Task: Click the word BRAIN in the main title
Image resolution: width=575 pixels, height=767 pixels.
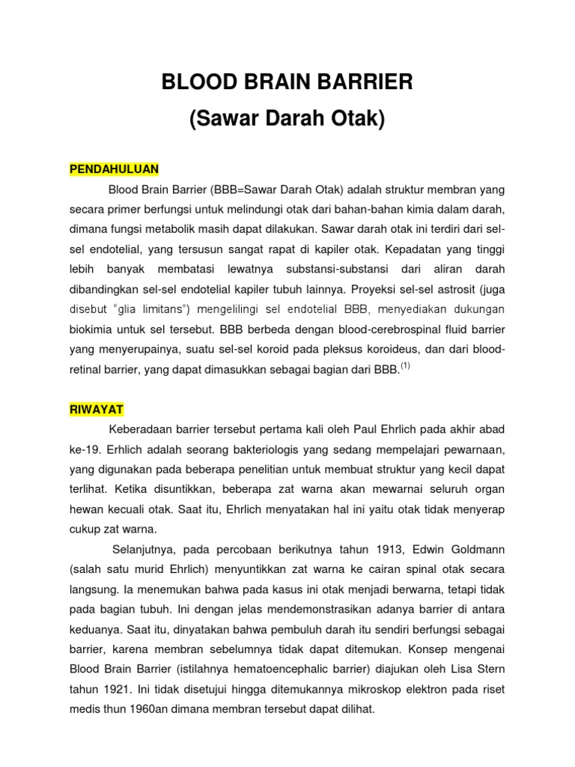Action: click(x=282, y=82)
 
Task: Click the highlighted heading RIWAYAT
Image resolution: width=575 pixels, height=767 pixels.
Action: click(x=97, y=410)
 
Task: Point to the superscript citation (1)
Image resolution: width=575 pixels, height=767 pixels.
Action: click(x=405, y=366)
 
